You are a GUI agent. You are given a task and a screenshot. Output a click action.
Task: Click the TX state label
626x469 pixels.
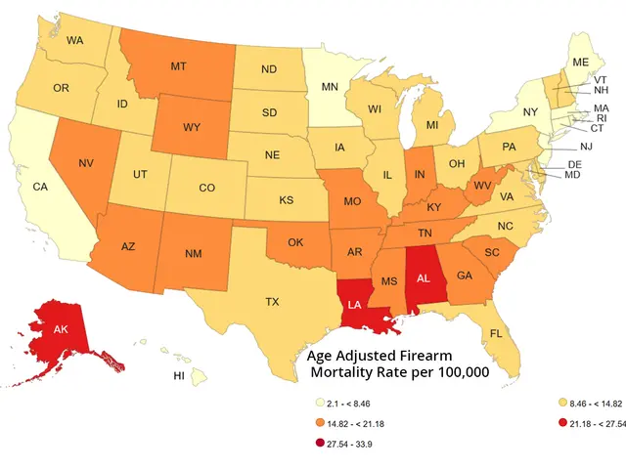[273, 303]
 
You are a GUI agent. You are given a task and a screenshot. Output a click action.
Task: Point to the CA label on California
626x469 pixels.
[40, 187]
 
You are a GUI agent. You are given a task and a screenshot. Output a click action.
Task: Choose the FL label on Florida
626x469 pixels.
[496, 333]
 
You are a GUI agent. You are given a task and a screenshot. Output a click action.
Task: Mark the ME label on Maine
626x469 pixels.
[581, 62]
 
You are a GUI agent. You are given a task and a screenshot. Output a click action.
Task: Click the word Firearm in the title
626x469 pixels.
[455, 355]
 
